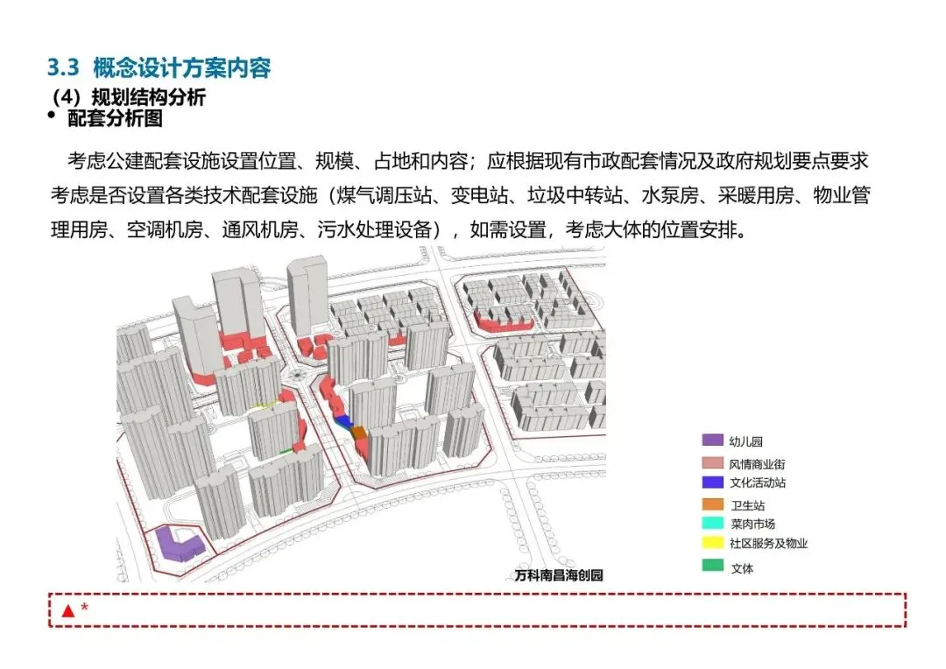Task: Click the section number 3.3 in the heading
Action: pos(62,67)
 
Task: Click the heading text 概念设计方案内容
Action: pos(181,67)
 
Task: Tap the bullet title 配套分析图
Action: pos(115,118)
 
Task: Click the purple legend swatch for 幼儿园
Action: pos(712,440)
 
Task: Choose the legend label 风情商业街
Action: pos(751,463)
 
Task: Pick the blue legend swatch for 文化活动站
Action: pos(712,482)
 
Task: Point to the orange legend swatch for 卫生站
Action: pos(712,504)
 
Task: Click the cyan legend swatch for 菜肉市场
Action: pos(712,524)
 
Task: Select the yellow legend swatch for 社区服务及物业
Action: pos(712,543)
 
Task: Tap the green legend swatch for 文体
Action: pos(712,566)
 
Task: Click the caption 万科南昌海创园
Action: pos(559,575)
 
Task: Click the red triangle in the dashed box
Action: pos(67,610)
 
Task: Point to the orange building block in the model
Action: pos(360,433)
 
